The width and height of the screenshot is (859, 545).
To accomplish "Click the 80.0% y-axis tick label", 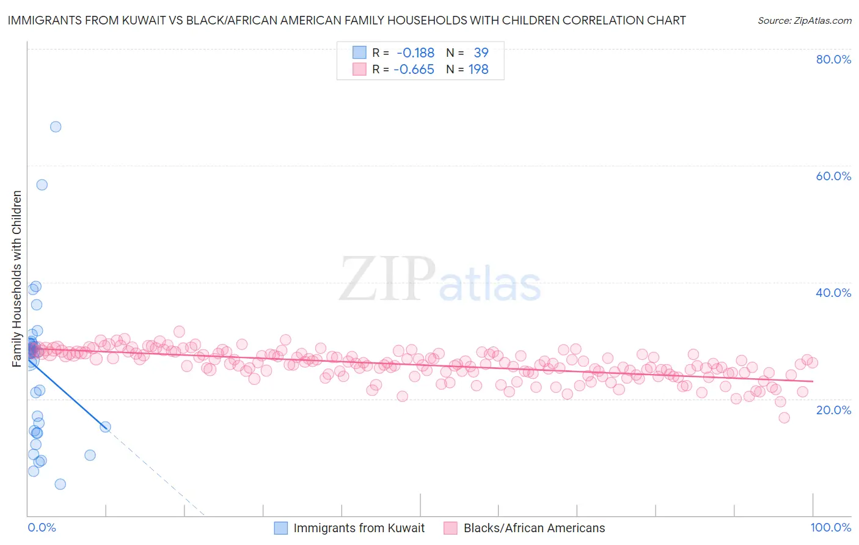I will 833,59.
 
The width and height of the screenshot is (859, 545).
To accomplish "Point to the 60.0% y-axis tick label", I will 833,176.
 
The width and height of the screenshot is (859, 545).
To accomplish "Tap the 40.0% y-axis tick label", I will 833,293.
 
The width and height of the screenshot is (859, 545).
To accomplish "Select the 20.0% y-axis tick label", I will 833,409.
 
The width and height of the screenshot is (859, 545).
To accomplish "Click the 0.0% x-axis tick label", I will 42,527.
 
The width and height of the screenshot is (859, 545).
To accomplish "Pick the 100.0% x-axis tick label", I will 830,527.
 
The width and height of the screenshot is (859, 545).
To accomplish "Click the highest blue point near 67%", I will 56,127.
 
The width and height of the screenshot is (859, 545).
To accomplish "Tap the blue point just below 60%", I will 42,185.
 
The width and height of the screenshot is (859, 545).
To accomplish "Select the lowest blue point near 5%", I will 60,484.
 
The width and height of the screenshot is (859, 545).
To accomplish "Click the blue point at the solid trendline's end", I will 105,426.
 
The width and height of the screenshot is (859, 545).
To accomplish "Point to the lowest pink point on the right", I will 784,417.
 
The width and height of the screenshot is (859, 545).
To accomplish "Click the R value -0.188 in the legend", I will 415,53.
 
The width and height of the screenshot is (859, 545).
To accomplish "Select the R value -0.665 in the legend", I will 414,70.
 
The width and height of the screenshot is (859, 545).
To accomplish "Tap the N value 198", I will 478,70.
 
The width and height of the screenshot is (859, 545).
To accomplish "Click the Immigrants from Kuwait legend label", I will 359,528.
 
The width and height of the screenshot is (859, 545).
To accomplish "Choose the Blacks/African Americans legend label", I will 534,528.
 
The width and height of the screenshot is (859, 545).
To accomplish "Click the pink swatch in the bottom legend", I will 450,528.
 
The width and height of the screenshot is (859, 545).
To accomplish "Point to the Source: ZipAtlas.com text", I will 804,21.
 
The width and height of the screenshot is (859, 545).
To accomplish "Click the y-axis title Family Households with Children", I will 17,279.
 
